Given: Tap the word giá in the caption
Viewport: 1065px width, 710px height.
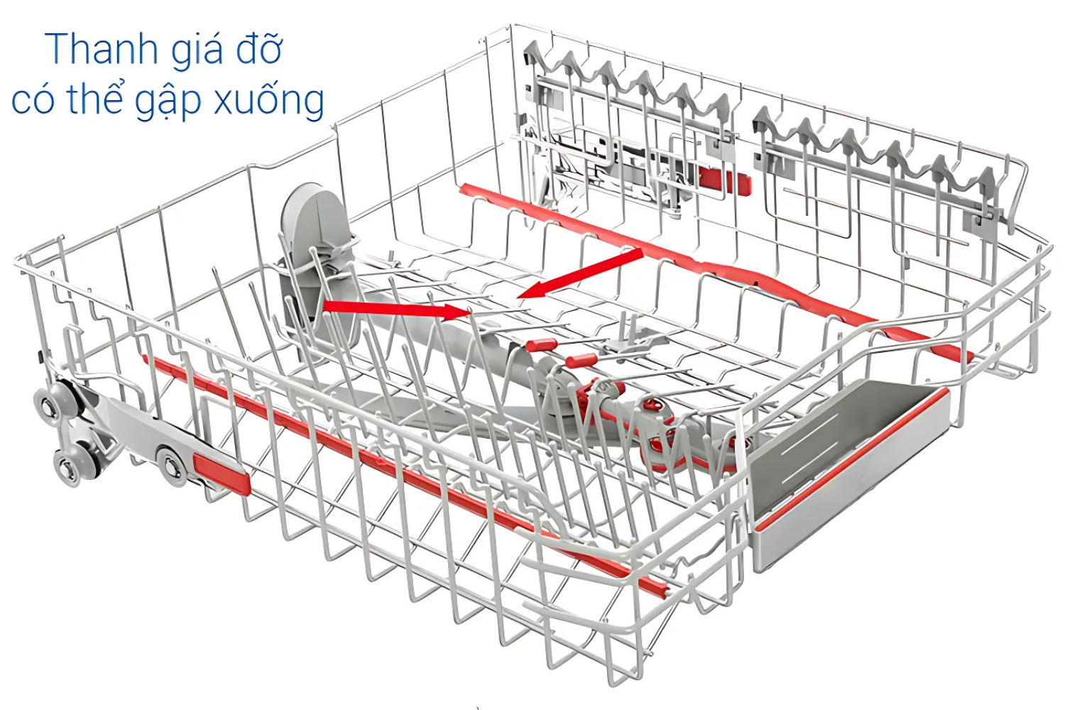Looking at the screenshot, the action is point(197,51).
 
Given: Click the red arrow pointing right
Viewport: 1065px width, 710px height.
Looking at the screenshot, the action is point(395,310).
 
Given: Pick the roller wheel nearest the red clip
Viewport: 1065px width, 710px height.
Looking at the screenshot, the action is point(170,466).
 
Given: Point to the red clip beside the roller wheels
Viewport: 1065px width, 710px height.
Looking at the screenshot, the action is point(221,473).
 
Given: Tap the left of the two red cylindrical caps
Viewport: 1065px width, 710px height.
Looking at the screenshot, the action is point(541,344).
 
